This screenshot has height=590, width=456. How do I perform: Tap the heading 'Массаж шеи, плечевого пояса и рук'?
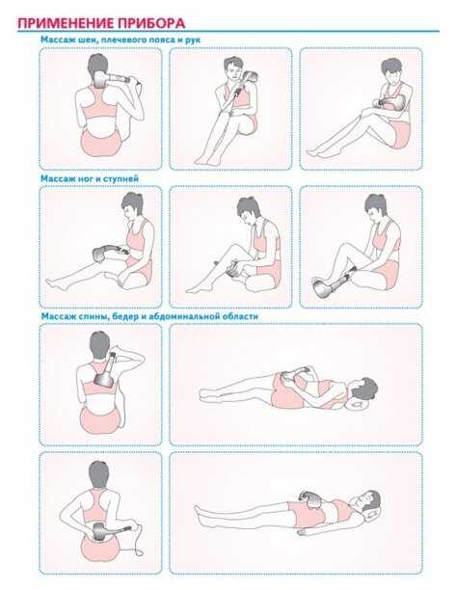click(x=121, y=40)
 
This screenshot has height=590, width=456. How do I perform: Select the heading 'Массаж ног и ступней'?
click(x=90, y=178)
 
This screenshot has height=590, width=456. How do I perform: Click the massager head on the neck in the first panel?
click(x=100, y=80)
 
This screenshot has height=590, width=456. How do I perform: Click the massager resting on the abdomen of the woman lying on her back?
click(x=311, y=499)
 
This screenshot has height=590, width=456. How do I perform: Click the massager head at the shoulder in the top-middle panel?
click(x=250, y=77)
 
